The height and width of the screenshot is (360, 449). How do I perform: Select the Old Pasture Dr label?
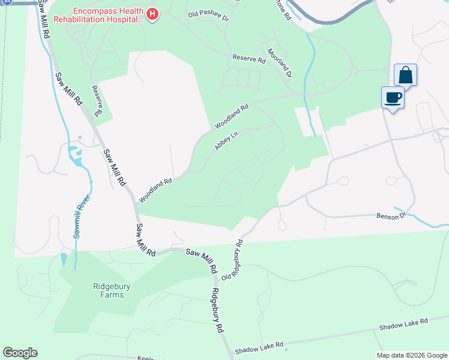(208, 16)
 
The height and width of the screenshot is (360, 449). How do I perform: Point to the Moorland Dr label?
(280, 63)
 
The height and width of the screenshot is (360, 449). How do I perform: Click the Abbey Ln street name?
(226, 142)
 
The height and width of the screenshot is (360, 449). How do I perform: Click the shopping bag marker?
(406, 76)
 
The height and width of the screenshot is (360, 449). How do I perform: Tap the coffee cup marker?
(393, 98)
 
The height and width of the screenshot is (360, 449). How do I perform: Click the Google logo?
(20, 353)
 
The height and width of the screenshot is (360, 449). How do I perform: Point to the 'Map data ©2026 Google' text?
(411, 355)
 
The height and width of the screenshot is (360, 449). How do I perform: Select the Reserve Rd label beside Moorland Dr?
(249, 59)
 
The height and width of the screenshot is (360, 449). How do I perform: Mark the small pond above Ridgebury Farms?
(64, 260)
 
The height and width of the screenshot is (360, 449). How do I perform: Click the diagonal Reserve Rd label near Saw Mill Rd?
(98, 100)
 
